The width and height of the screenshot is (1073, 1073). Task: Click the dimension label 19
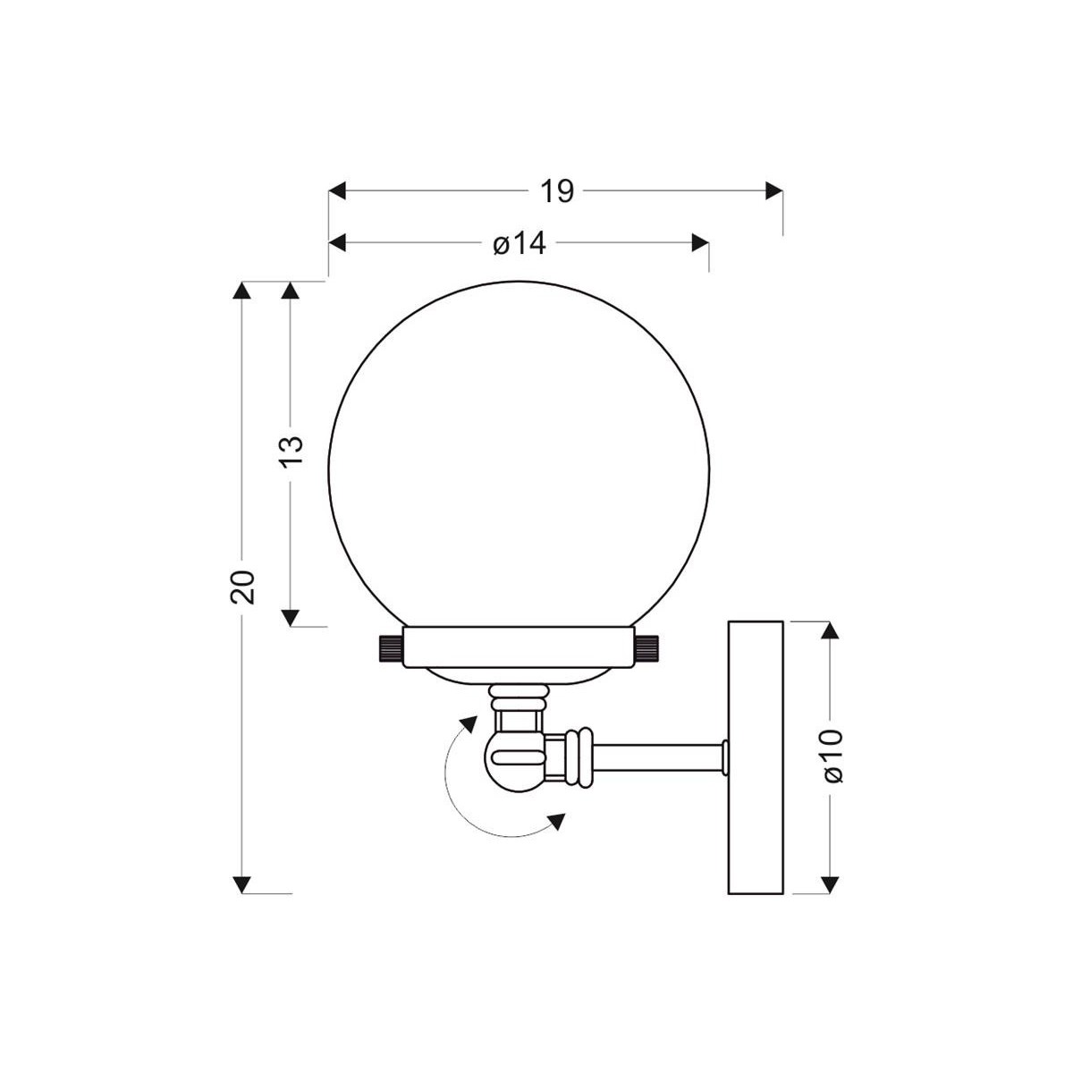tap(556, 191)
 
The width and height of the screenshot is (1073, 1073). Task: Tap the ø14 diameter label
tap(519, 243)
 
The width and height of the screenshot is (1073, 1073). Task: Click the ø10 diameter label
tap(832, 756)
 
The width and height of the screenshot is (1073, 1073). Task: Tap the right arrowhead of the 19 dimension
tap(773, 191)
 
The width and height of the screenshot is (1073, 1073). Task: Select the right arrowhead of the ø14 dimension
tap(700, 243)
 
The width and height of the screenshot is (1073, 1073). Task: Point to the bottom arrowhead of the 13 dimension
tap(290, 616)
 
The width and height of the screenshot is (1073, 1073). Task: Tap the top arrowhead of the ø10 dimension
tap(831, 631)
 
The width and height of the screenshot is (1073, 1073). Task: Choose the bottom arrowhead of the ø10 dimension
tap(831, 883)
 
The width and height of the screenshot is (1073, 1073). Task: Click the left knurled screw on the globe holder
tap(387, 647)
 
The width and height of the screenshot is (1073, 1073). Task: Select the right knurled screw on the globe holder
tap(649, 647)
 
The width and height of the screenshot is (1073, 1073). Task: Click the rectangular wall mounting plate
tap(756, 756)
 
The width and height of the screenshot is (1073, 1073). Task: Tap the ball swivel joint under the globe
tap(514, 760)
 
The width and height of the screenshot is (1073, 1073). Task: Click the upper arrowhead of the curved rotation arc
tap(467, 723)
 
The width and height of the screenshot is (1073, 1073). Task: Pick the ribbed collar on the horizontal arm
tap(579, 756)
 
